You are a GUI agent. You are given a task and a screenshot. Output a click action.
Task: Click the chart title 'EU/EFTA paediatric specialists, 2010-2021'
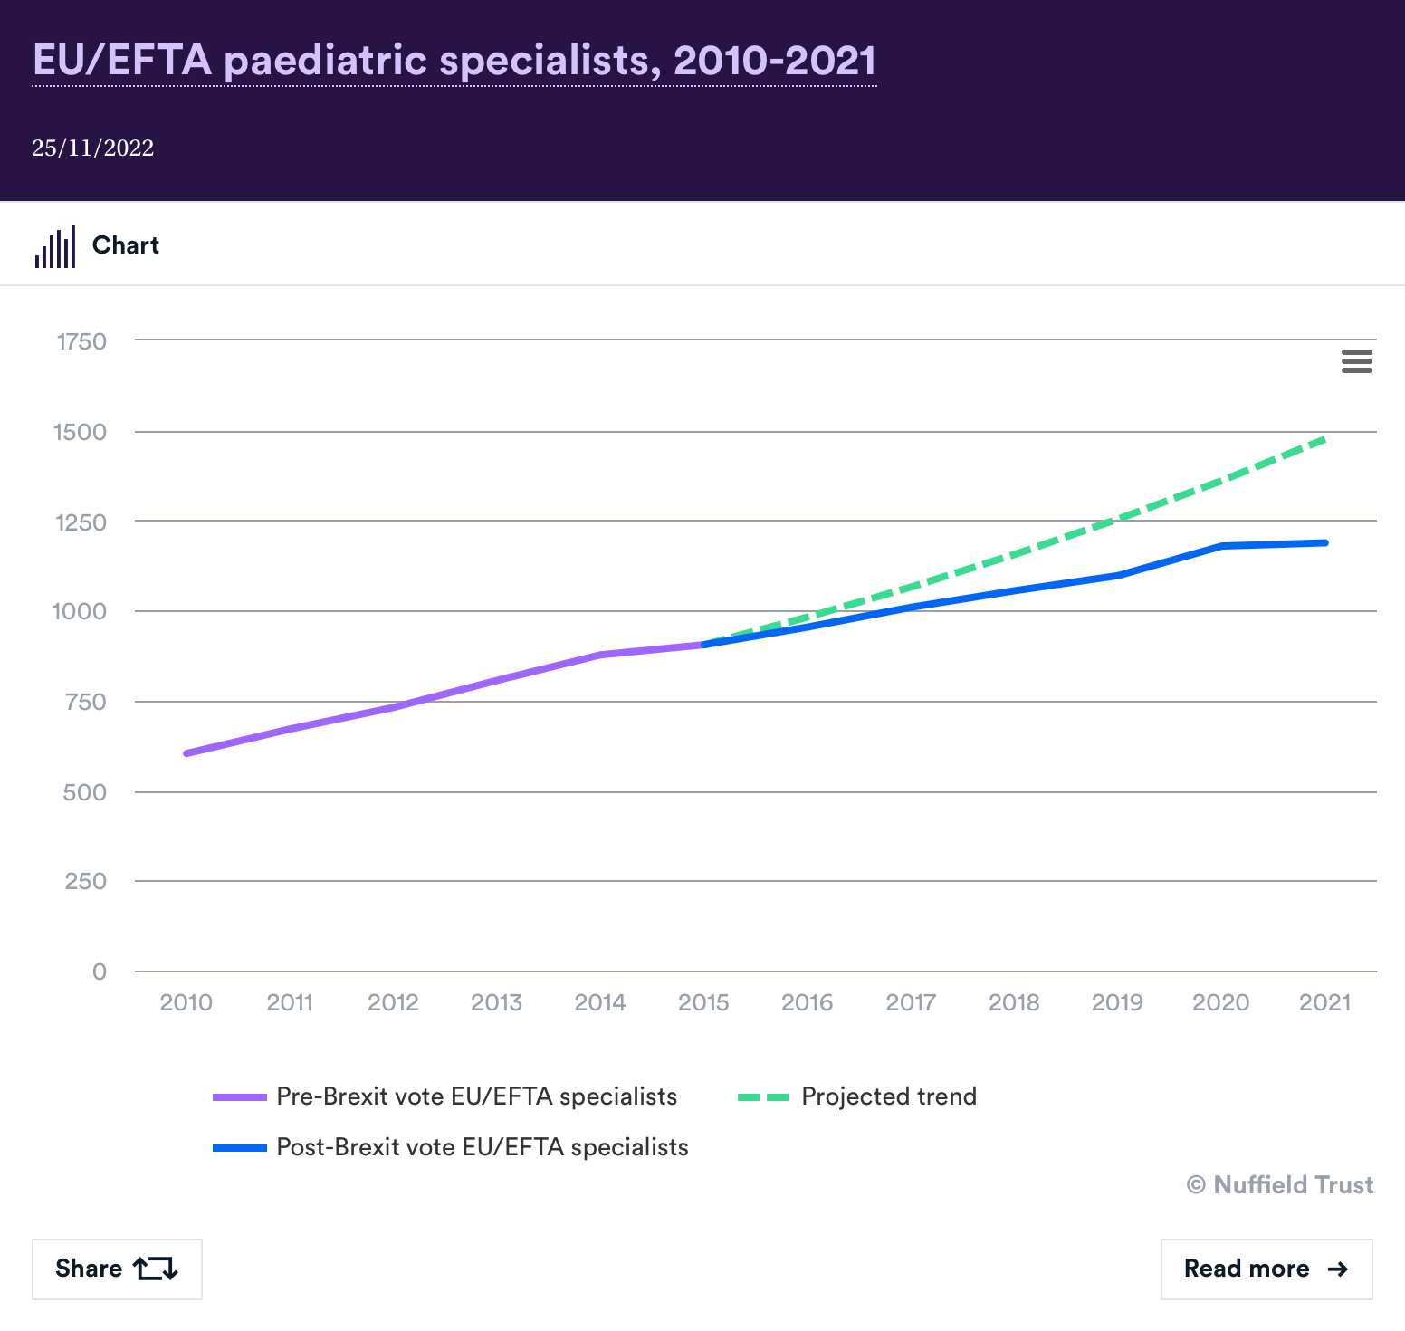tap(454, 61)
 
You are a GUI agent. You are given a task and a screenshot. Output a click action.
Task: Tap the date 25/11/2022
tap(92, 148)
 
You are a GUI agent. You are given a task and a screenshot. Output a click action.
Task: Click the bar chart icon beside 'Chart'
tap(55, 246)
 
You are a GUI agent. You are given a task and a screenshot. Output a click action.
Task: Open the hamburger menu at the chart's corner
tap(1356, 361)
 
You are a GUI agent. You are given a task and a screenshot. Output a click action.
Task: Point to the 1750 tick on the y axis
tap(81, 341)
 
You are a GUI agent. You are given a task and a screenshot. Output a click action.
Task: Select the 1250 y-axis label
tap(81, 522)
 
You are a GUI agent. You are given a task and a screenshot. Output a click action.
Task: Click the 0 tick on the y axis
tap(100, 972)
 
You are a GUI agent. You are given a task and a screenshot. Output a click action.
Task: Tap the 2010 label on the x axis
tap(186, 1002)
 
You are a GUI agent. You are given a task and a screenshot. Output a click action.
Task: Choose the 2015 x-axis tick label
tap(703, 1002)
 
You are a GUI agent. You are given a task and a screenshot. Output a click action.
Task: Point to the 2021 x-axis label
tap(1324, 1002)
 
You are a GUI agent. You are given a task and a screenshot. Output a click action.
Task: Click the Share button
tap(117, 1269)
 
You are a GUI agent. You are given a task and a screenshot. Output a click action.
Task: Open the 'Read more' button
tap(1266, 1269)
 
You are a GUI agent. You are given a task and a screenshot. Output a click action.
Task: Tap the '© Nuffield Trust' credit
tap(1279, 1184)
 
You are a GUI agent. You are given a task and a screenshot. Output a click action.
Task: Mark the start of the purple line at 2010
tap(186, 753)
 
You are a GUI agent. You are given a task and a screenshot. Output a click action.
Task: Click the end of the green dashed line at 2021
tap(1324, 439)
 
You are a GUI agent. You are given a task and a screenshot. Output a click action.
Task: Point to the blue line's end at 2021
tap(1325, 542)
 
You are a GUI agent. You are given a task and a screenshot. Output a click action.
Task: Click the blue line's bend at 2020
tap(1221, 546)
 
